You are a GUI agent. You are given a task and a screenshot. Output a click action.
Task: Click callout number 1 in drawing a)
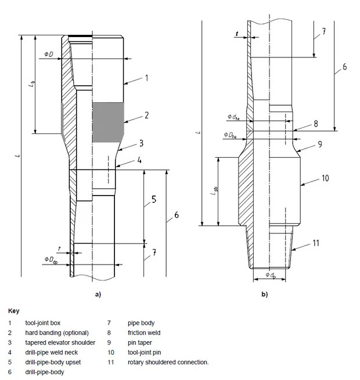point(147,77)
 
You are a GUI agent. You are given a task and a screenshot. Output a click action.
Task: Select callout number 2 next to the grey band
point(147,115)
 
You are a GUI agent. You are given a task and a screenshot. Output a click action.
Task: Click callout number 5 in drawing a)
point(154,200)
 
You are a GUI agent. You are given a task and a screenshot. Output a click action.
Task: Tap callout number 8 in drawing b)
point(315,124)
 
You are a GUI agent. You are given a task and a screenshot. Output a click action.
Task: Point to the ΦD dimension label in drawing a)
point(49,55)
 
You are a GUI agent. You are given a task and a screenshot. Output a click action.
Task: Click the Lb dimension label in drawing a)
point(31,84)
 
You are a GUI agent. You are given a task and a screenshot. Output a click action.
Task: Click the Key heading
point(15,311)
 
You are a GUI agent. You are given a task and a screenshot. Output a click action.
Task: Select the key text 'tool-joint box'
point(42,322)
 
